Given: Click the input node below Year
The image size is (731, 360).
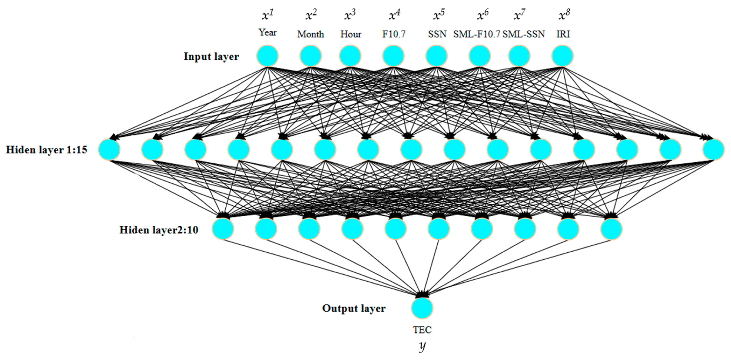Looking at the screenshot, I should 268,56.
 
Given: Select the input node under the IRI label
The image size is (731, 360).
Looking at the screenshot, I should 562,56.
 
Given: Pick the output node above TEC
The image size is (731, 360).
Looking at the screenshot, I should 422,308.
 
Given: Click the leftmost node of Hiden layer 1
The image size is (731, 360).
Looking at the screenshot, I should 109,150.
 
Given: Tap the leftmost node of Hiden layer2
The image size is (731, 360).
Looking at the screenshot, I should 223,229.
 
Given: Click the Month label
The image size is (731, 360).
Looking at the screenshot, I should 310,34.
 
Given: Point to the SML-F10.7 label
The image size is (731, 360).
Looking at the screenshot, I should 476,34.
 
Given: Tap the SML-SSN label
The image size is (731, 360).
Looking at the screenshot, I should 524,34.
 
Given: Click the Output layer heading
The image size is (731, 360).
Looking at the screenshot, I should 354,308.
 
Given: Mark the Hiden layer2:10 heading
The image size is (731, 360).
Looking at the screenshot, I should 159,230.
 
